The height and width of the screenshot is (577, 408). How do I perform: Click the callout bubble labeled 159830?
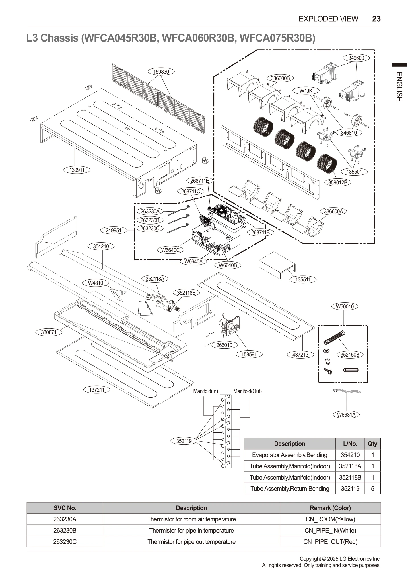161,72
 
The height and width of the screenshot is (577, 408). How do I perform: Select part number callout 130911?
77,170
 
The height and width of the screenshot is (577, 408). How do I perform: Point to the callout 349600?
356,58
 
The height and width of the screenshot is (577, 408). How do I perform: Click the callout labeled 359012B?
338,182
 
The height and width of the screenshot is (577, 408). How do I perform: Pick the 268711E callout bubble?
199,181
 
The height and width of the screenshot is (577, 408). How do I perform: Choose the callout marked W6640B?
228,265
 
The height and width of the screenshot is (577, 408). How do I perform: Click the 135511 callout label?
303,279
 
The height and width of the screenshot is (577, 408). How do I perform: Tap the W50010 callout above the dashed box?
345,307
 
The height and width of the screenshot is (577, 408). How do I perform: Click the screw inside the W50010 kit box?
328,371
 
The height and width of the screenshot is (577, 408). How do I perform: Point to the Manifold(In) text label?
205,391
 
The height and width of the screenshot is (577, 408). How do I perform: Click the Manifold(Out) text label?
247,391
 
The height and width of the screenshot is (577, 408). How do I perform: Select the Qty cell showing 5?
372,489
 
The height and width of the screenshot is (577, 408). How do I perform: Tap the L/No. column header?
350,444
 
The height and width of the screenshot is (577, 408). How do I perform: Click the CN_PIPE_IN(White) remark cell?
330,531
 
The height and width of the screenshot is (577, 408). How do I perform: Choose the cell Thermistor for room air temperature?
191,519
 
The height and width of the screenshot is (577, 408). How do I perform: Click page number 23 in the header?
376,19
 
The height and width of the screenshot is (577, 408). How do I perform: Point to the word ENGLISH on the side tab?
399,87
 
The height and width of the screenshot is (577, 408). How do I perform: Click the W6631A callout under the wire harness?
346,415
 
